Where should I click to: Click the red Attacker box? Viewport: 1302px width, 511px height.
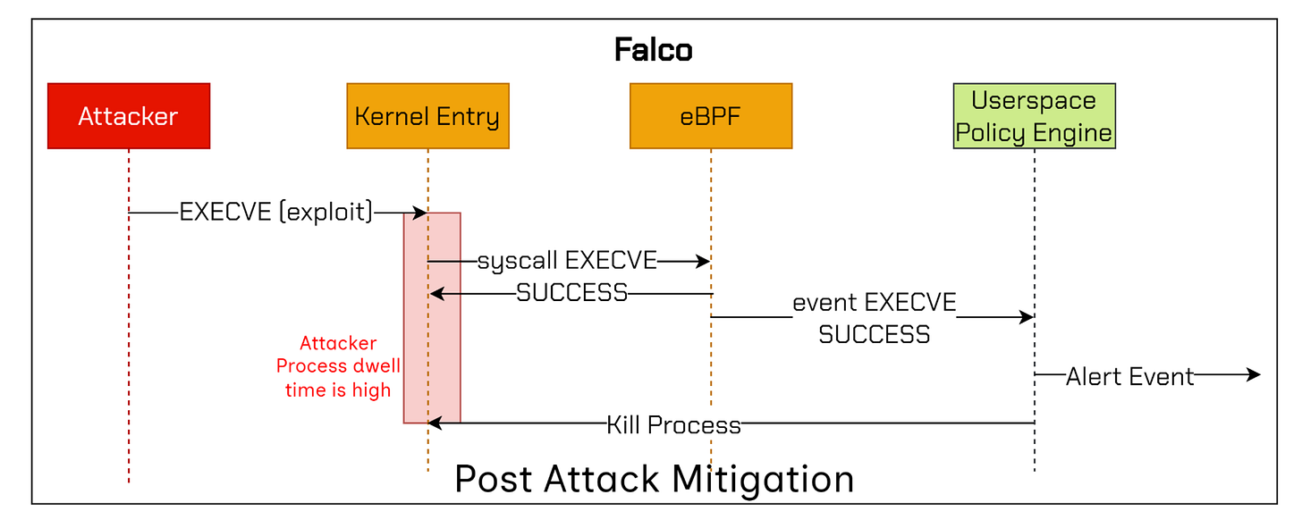pos(129,116)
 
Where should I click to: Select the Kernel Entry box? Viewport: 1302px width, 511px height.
pos(427,116)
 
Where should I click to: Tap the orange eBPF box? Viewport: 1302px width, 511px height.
pos(710,116)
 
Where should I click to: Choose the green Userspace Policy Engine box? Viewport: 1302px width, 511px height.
pos(1034,116)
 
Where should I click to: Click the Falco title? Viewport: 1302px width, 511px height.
pos(653,50)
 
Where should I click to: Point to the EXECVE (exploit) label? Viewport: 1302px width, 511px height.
pos(276,213)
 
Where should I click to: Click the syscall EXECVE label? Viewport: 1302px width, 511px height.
pos(567,261)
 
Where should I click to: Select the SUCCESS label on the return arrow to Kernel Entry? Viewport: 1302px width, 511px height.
pos(572,293)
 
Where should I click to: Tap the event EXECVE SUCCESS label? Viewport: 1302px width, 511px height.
pos(874,318)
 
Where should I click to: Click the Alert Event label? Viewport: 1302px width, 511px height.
pos(1129,376)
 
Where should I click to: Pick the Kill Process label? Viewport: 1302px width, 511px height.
pos(673,424)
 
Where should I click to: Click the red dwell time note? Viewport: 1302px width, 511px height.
pos(338,366)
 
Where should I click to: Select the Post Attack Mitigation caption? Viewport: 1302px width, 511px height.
pos(654,479)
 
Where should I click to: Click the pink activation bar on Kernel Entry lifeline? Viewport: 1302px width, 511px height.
pos(444,357)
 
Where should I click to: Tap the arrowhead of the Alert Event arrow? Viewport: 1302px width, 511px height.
pos(1254,376)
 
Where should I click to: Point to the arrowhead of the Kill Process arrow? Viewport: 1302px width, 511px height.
pos(435,423)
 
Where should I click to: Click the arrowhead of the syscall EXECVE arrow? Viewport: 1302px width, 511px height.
pos(703,262)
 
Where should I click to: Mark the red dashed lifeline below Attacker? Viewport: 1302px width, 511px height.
pos(129,357)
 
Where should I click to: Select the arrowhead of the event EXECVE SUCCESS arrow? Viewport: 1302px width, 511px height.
pos(1027,317)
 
